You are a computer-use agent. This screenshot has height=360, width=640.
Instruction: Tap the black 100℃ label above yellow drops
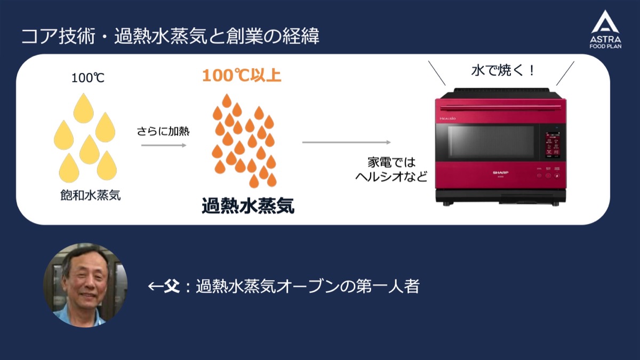[88, 78]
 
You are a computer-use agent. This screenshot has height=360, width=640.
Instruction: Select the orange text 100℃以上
[242, 75]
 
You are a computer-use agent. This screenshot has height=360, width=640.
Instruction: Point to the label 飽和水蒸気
[90, 196]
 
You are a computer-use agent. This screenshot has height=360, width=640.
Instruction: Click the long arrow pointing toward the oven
[347, 142]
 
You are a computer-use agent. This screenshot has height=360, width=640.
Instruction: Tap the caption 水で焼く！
[502, 71]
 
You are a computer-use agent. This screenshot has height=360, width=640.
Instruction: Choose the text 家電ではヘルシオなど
[391, 169]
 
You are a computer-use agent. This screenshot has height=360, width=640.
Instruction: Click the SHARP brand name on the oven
[500, 172]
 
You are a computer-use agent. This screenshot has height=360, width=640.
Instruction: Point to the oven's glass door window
[491, 142]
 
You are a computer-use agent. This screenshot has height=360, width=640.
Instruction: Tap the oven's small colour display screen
[552, 146]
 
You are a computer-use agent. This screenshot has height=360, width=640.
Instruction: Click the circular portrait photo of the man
[85, 285]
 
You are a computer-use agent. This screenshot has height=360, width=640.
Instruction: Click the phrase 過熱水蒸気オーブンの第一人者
[308, 287]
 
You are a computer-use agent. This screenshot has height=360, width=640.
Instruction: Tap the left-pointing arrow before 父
[155, 287]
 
